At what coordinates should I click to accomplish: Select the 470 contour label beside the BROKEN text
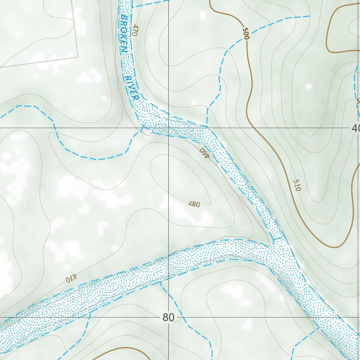[134, 30]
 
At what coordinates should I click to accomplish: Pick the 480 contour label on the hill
[194, 204]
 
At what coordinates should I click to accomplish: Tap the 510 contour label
[297, 185]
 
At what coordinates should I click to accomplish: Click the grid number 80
[168, 317]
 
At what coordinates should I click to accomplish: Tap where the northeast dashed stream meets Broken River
[207, 126]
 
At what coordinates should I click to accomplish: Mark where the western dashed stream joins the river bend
[142, 127]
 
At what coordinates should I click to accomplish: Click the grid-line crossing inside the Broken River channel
[169, 128]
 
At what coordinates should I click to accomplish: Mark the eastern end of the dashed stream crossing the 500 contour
[309, 16]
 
